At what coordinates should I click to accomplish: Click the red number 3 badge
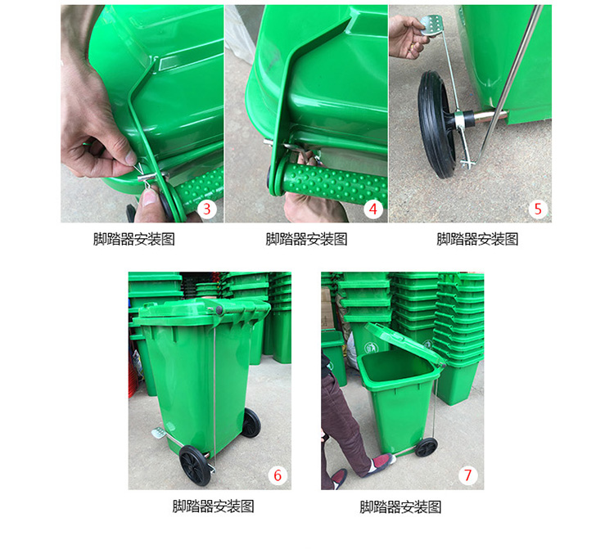[x=207, y=209]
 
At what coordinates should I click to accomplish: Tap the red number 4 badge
[x=373, y=209]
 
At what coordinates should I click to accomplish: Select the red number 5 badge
[x=538, y=209]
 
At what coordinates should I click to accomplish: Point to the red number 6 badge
[x=278, y=475]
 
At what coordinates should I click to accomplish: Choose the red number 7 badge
[x=468, y=475]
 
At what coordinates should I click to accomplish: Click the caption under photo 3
[x=134, y=239]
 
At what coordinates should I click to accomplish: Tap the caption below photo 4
[x=307, y=239]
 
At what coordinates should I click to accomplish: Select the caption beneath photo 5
[x=477, y=239]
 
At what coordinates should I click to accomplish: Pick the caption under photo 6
[x=214, y=506]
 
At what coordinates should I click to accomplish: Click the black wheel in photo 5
[x=436, y=124]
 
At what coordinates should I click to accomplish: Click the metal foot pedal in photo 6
[x=159, y=433]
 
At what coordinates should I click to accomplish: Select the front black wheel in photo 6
[x=195, y=466]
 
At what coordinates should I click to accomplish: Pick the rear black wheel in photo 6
[x=251, y=423]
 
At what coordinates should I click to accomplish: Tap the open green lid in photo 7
[x=404, y=343]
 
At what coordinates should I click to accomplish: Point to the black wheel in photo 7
[x=426, y=448]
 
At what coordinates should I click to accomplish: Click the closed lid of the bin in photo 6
[x=204, y=311]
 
